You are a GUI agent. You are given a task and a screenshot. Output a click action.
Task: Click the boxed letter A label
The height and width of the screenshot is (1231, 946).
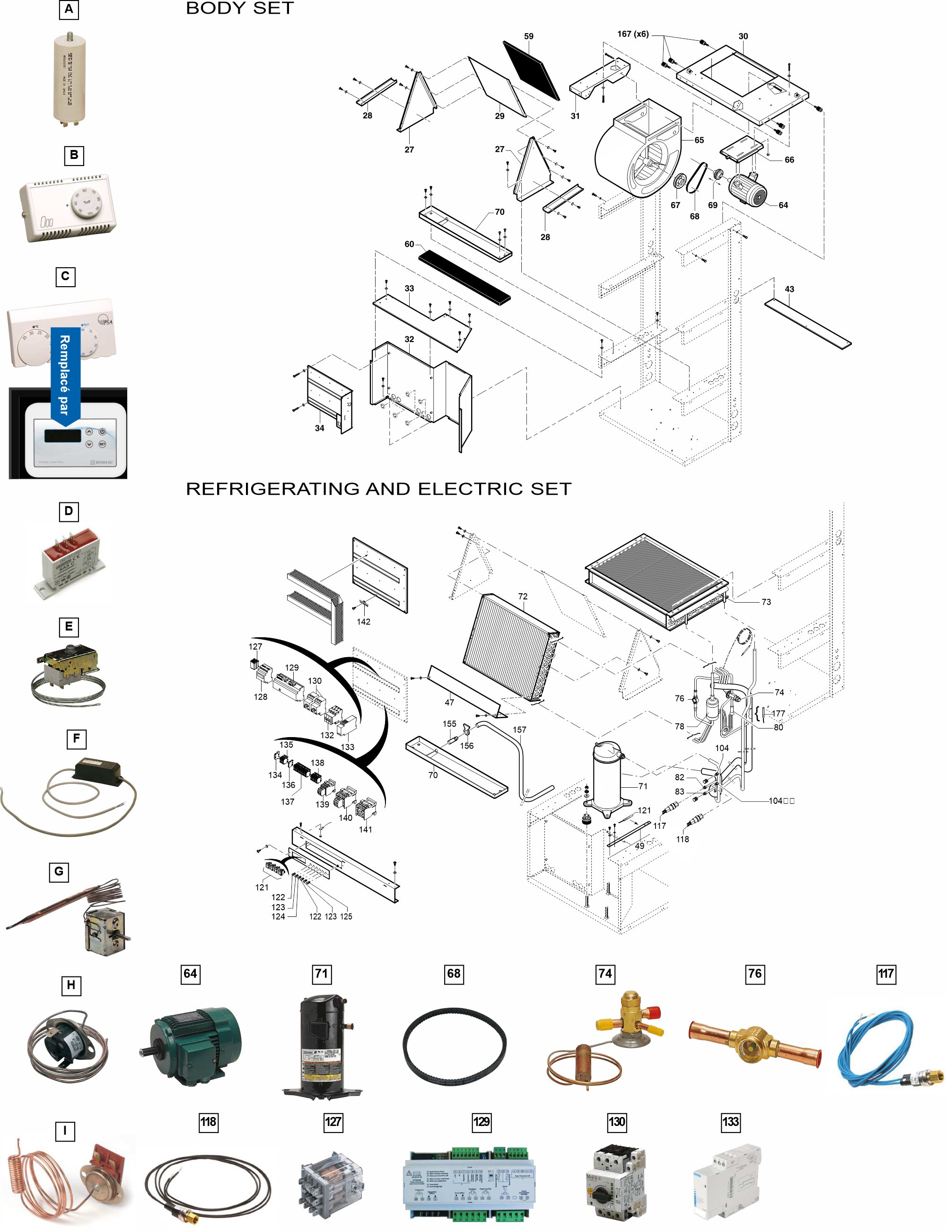point(69,9)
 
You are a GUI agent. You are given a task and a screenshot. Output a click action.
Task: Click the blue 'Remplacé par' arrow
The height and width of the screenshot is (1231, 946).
point(65,375)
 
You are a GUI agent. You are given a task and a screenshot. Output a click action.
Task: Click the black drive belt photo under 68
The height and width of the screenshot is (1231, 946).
point(454,1045)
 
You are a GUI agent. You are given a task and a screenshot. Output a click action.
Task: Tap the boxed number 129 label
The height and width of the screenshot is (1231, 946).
point(482,1122)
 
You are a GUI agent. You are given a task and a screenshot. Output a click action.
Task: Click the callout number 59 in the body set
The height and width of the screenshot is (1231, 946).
point(528,36)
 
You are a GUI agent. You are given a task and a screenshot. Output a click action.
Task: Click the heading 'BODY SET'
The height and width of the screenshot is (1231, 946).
point(240,9)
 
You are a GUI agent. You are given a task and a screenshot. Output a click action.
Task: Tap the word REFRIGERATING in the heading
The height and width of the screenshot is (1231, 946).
point(272,489)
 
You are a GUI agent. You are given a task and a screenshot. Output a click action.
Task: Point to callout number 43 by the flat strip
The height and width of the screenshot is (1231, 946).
point(789,289)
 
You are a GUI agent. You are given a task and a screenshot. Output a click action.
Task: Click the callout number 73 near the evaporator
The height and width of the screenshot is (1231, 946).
point(766,602)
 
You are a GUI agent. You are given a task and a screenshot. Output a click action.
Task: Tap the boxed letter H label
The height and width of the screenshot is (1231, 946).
point(70,985)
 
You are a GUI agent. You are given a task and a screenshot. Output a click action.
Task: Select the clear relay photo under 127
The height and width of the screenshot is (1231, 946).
point(332,1181)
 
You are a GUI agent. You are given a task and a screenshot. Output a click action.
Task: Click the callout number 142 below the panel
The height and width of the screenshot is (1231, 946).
point(363,622)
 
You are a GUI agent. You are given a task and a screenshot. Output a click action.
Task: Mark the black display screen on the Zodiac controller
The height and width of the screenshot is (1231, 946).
point(62,435)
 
